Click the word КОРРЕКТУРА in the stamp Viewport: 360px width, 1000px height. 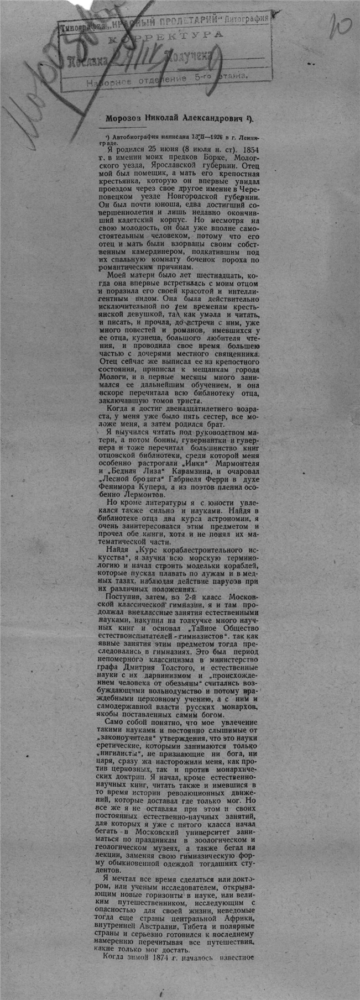166,35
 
